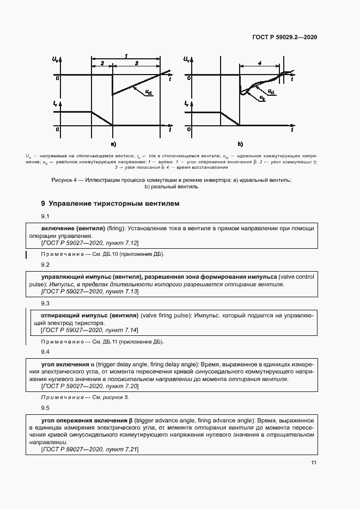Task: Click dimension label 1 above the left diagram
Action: tap(126, 56)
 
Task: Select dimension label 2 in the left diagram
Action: tap(102, 64)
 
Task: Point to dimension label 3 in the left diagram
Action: tap(136, 64)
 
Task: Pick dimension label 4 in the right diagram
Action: tap(260, 64)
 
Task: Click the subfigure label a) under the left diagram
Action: tap(113, 144)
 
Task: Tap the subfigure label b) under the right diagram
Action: tap(240, 144)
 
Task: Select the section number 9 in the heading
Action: tap(43, 204)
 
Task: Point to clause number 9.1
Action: tap(46, 217)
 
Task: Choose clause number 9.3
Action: tap(46, 303)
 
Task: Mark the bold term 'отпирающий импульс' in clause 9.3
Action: tap(74, 315)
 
